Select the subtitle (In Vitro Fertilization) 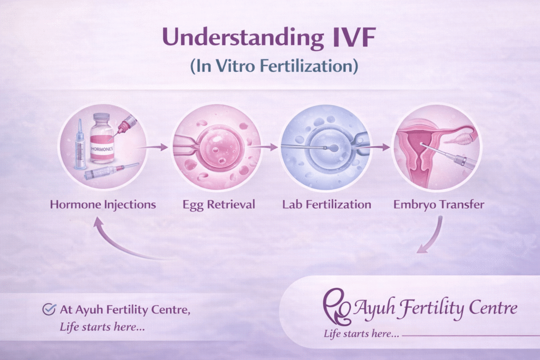pos(270,67)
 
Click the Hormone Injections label pos(103,205)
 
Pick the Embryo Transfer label pos(439,205)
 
